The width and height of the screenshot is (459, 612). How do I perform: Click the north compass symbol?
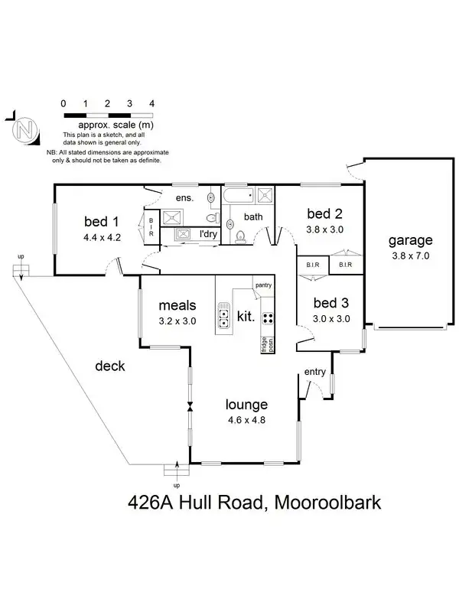(25, 129)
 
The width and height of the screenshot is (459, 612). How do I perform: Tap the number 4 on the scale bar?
(152, 103)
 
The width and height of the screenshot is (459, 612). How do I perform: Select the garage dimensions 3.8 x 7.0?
(410, 256)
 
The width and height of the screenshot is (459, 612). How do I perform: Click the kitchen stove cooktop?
(269, 317)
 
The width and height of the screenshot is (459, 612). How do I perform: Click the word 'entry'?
(315, 373)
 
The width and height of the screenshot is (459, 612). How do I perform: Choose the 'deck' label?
(109, 366)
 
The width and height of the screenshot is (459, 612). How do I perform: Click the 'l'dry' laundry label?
(208, 234)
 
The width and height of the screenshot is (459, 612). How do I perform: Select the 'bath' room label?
(253, 216)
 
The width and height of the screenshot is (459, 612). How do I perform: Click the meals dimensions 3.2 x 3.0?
(177, 321)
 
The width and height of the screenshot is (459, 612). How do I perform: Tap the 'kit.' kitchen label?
(246, 315)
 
